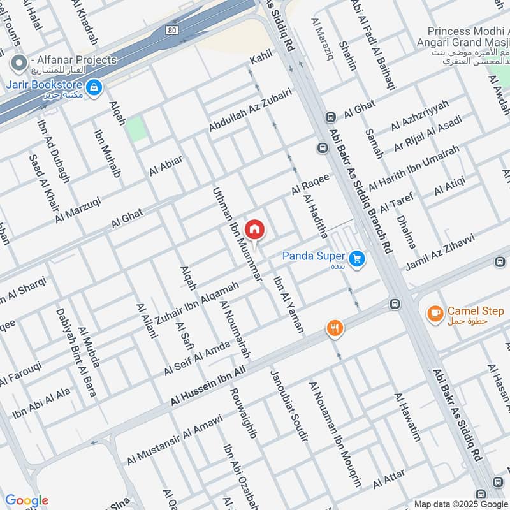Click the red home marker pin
coord(254,228)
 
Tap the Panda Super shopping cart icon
coord(357,258)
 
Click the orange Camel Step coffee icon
coord(435,313)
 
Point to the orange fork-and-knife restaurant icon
coord(335,328)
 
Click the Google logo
coord(26,500)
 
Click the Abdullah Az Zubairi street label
coord(250,110)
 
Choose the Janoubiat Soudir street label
coord(289,405)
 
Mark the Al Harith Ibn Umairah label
coord(413,164)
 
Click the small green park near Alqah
coord(136,129)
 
